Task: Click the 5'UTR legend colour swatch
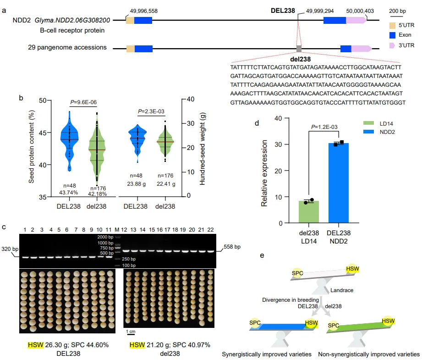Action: pos(392,24)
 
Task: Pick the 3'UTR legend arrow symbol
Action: pos(392,45)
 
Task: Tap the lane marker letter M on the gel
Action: pos(117,229)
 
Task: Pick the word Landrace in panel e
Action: pos(341,289)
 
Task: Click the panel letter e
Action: pos(262,254)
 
